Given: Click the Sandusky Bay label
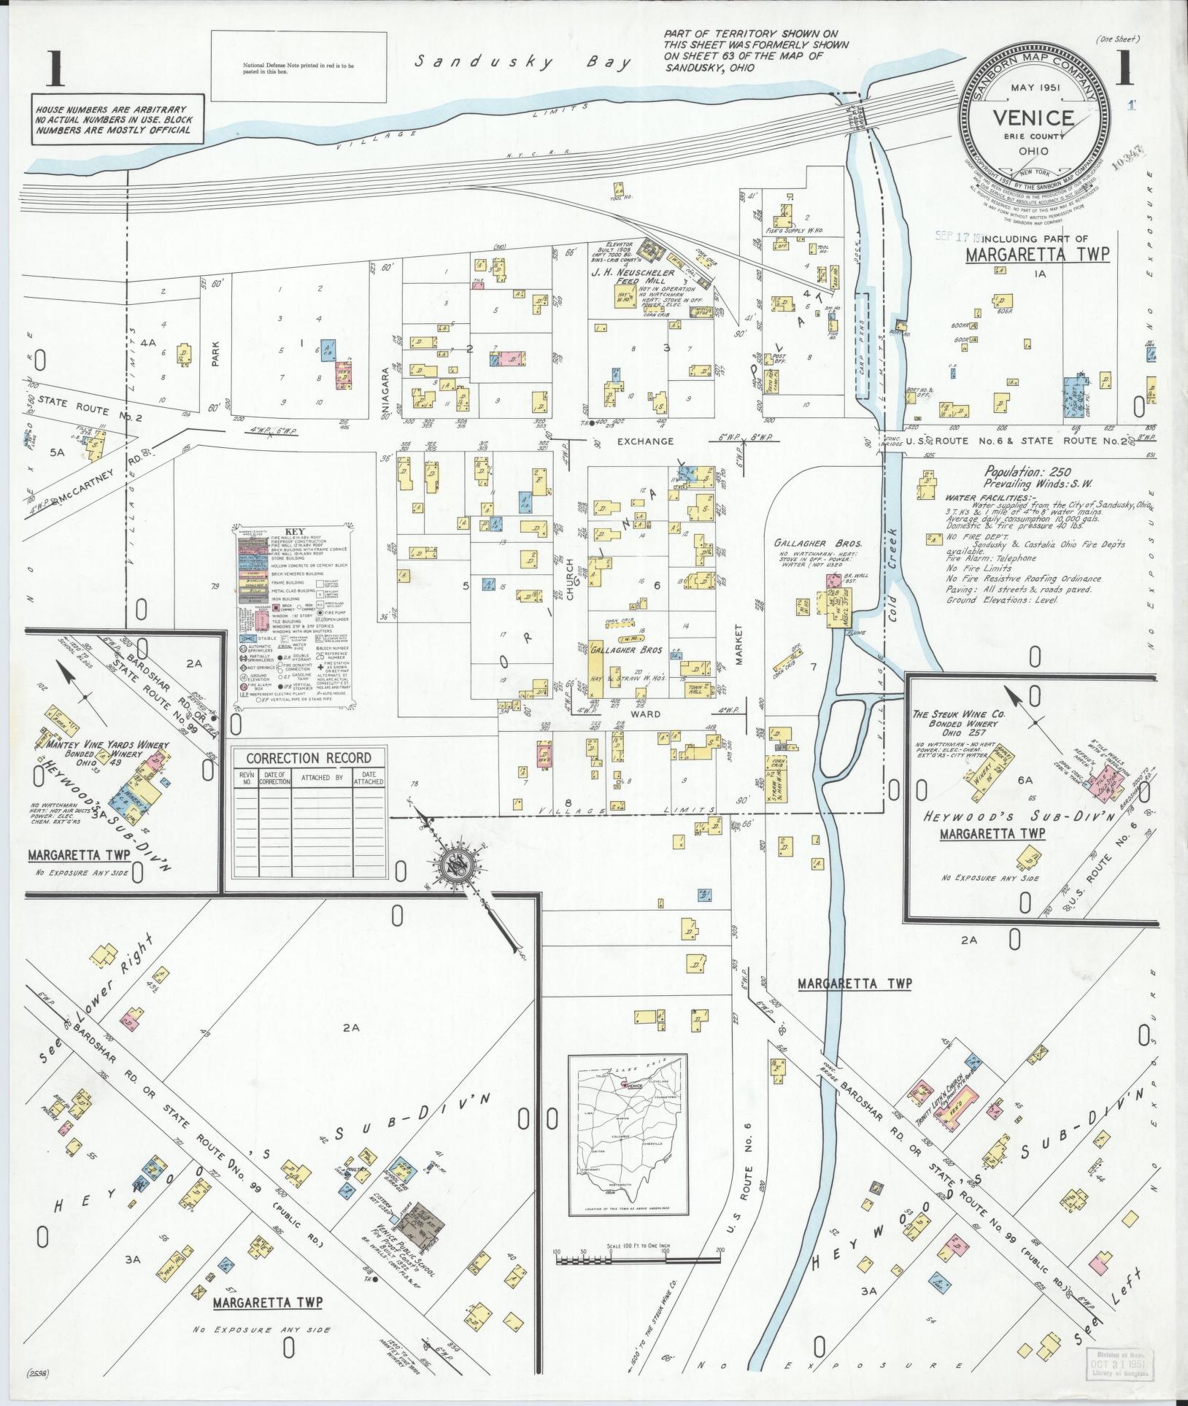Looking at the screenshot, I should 522,63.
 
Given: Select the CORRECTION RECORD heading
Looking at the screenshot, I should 309,758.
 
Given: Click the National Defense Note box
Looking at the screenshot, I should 298,68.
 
